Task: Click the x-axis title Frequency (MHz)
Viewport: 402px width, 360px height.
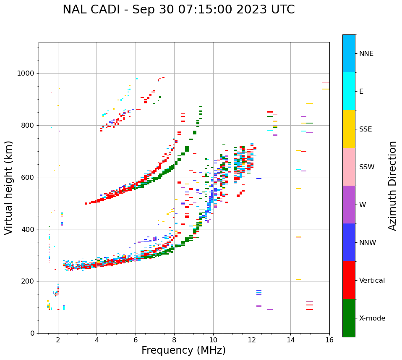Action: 183,350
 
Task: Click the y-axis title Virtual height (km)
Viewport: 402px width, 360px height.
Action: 9,187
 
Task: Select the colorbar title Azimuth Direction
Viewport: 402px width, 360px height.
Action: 392,186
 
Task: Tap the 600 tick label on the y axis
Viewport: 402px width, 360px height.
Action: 28,177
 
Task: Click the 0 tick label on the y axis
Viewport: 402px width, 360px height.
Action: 32,333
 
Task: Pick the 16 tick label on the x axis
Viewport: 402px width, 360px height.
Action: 329,340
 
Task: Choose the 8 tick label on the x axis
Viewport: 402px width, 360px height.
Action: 174,340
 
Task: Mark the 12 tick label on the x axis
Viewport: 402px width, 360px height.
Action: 252,340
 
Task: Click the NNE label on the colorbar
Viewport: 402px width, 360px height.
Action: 366,54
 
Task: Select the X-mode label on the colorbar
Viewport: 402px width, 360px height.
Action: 372,318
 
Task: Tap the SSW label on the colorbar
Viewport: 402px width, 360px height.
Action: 367,167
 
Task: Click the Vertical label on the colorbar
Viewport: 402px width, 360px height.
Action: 372,281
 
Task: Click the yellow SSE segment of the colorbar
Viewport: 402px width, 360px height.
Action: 349,129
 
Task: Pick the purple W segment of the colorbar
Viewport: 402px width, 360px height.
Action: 349,205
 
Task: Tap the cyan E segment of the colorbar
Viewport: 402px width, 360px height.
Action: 349,91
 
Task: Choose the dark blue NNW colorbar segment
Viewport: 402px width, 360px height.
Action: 349,242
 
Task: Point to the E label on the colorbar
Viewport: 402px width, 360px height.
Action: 361,92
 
